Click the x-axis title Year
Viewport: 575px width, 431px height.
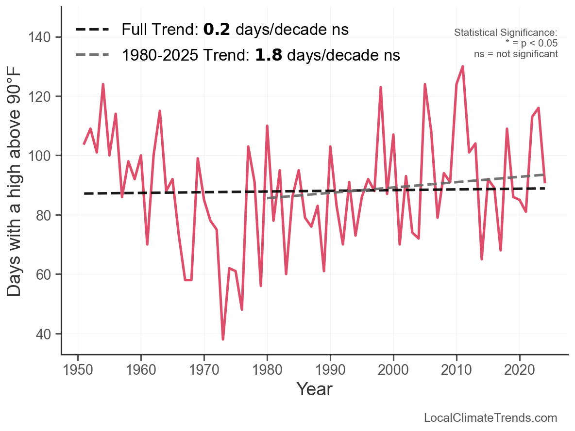coord(314,389)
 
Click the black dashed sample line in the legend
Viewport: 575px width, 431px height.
coord(92,30)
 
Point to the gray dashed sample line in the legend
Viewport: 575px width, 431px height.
coord(92,55)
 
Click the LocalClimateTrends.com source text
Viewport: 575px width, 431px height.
coord(490,418)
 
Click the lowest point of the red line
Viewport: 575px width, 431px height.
coord(223,339)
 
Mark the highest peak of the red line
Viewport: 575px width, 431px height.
coord(463,66)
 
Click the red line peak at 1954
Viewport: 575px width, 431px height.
coord(103,84)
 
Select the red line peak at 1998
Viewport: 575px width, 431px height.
coord(381,87)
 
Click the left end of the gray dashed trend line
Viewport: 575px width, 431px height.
coord(268,198)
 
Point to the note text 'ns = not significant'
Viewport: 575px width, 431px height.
coord(516,54)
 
